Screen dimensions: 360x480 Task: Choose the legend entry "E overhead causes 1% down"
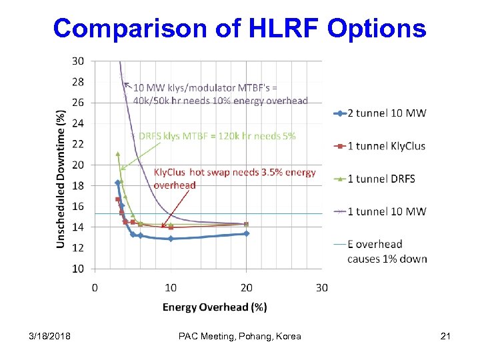pos(387,251)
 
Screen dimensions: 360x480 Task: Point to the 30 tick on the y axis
pos(77,61)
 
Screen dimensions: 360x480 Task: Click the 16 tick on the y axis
pos(77,207)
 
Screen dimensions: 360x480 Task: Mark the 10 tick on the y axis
pos(77,269)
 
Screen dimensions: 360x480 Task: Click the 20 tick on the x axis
pos(246,287)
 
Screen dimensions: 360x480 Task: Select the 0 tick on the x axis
pos(95,287)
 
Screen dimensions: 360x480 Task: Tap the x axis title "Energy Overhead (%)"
pos(215,307)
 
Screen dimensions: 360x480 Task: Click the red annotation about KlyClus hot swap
pos(235,178)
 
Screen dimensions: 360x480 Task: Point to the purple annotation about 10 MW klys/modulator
pos(220,94)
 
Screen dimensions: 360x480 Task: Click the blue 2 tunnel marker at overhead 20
pos(246,233)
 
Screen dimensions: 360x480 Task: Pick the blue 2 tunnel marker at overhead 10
pos(171,238)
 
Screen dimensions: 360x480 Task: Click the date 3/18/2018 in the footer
pos(46,336)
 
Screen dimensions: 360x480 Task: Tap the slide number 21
pos(445,336)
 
